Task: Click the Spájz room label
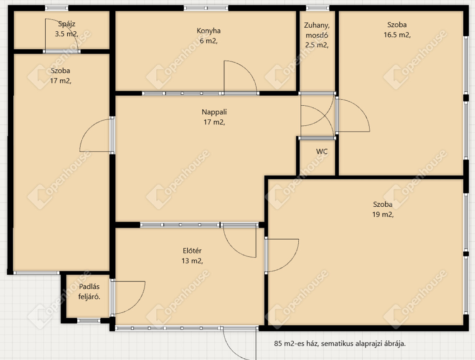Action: pyautogui.click(x=67, y=24)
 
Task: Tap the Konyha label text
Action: pyautogui.click(x=209, y=30)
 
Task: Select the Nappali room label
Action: pyautogui.click(x=214, y=112)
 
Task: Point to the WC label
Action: pyautogui.click(x=322, y=151)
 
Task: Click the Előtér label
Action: pyautogui.click(x=192, y=251)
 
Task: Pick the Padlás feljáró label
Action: pyautogui.click(x=89, y=292)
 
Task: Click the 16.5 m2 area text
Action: pyautogui.click(x=397, y=35)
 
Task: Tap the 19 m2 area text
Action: pyautogui.click(x=383, y=215)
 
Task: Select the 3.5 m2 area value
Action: pyautogui.click(x=67, y=34)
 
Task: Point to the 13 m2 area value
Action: pyautogui.click(x=192, y=261)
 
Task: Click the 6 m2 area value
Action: pyautogui.click(x=209, y=41)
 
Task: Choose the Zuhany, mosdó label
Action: pyautogui.click(x=317, y=30)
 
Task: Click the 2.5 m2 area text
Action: pyautogui.click(x=317, y=45)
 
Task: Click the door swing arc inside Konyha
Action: pyautogui.click(x=247, y=70)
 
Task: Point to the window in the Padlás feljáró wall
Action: pyautogui.click(x=89, y=321)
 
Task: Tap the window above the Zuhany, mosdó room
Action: pyautogui.click(x=318, y=8)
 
